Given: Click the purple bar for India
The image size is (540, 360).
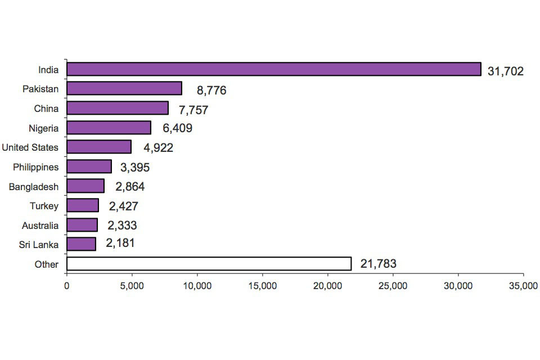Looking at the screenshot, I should [x=274, y=69].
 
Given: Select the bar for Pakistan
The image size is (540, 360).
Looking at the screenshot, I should [x=124, y=89].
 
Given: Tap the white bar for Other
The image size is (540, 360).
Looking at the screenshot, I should [x=209, y=263].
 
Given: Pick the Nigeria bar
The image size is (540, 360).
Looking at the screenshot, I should [x=109, y=128].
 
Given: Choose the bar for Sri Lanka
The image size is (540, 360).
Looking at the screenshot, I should [x=82, y=244].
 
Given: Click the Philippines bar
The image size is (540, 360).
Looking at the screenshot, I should [x=89, y=166].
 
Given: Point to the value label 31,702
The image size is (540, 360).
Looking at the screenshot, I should [x=505, y=71].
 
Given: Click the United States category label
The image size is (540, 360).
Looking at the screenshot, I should [x=30, y=147].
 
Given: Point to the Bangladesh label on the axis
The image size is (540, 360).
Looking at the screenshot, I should [x=34, y=186].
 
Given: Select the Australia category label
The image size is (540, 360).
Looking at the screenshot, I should [x=40, y=226].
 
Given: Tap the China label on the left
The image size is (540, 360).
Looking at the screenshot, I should [x=46, y=109].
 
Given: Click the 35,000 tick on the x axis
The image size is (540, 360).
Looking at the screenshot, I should [x=523, y=286].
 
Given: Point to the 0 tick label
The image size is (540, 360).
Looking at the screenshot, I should [x=67, y=286].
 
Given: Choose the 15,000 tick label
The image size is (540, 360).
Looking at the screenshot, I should [x=262, y=286].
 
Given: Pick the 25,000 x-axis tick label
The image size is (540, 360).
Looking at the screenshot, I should [x=393, y=286].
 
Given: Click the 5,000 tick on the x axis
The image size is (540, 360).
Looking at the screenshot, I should [x=132, y=286].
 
